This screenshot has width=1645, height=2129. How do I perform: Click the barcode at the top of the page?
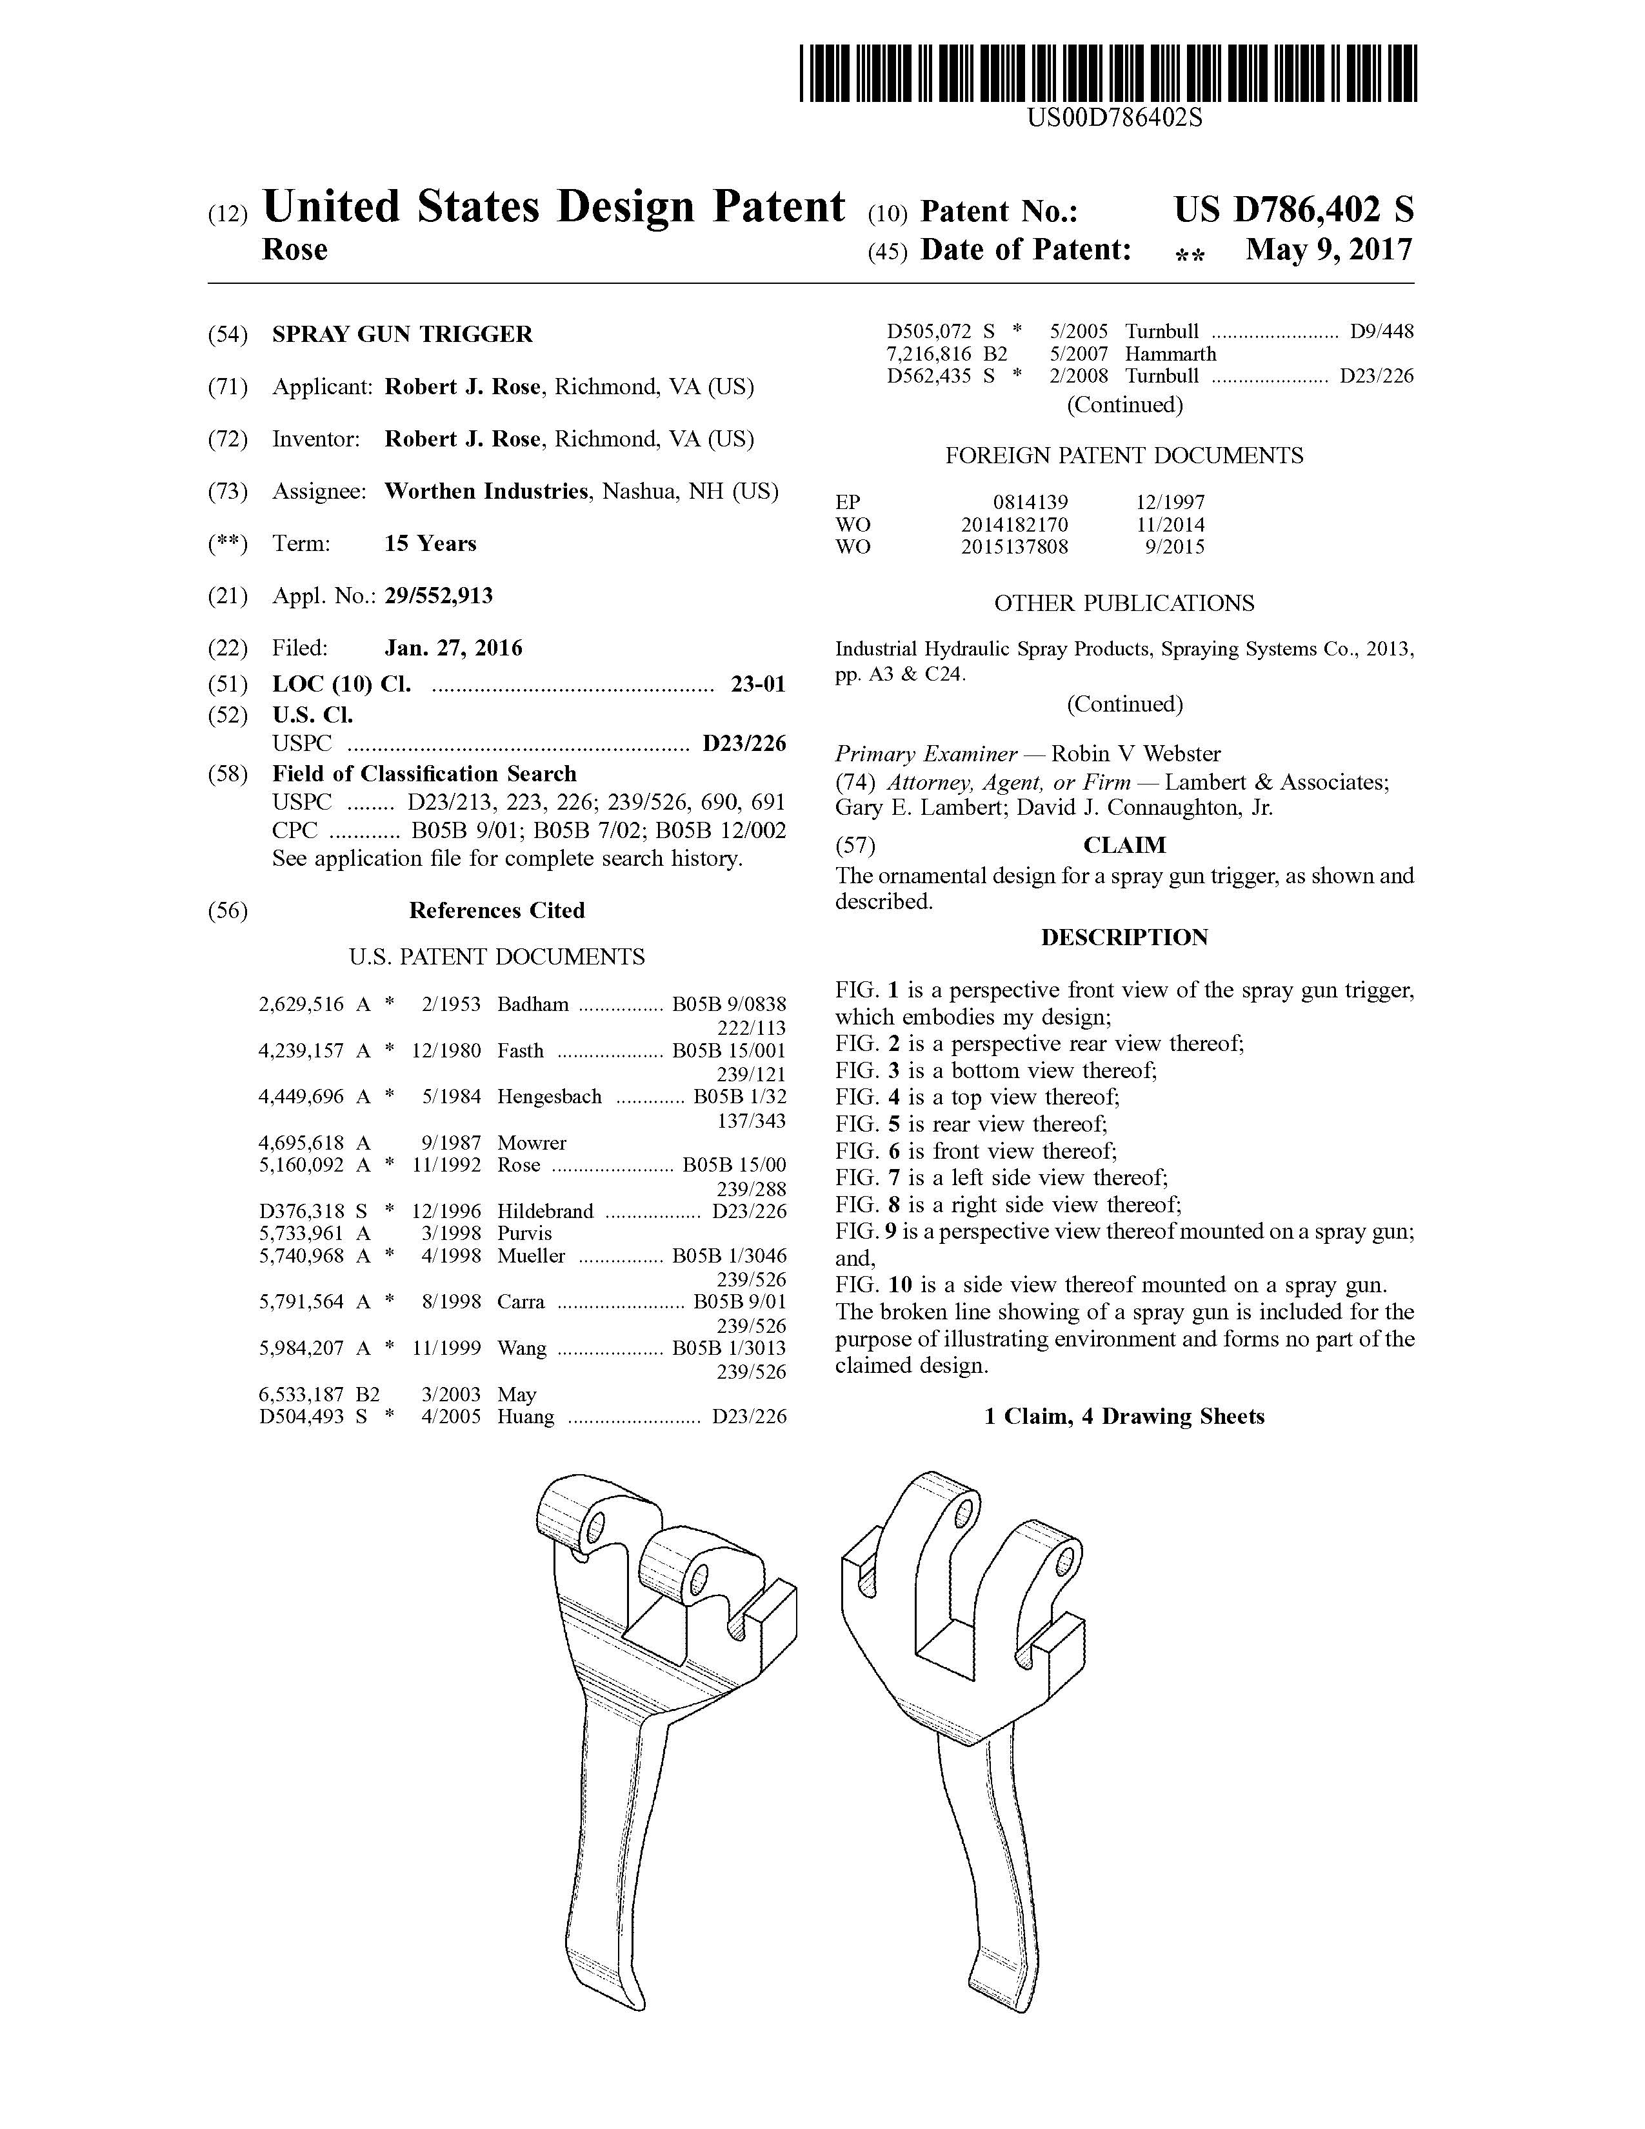coord(1108,73)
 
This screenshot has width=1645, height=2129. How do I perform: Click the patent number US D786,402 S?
coord(1293,210)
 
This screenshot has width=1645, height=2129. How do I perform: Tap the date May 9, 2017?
coord(1328,250)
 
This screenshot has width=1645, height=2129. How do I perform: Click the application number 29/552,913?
coord(439,595)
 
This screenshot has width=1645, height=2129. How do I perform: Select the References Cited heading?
coord(496,910)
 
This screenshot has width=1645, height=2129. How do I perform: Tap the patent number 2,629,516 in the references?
coord(301,1004)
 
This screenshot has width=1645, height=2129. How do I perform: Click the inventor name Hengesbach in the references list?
coord(550,1095)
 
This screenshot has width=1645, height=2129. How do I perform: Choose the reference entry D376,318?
coord(301,1211)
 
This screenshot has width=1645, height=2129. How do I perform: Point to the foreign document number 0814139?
coord(1030,502)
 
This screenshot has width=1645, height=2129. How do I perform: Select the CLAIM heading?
coord(1124,845)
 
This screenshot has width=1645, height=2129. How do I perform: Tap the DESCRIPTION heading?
coord(1124,938)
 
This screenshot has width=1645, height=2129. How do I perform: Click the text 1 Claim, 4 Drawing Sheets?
coord(1124,1416)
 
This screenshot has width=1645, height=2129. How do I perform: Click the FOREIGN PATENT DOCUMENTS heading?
coord(1124,455)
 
